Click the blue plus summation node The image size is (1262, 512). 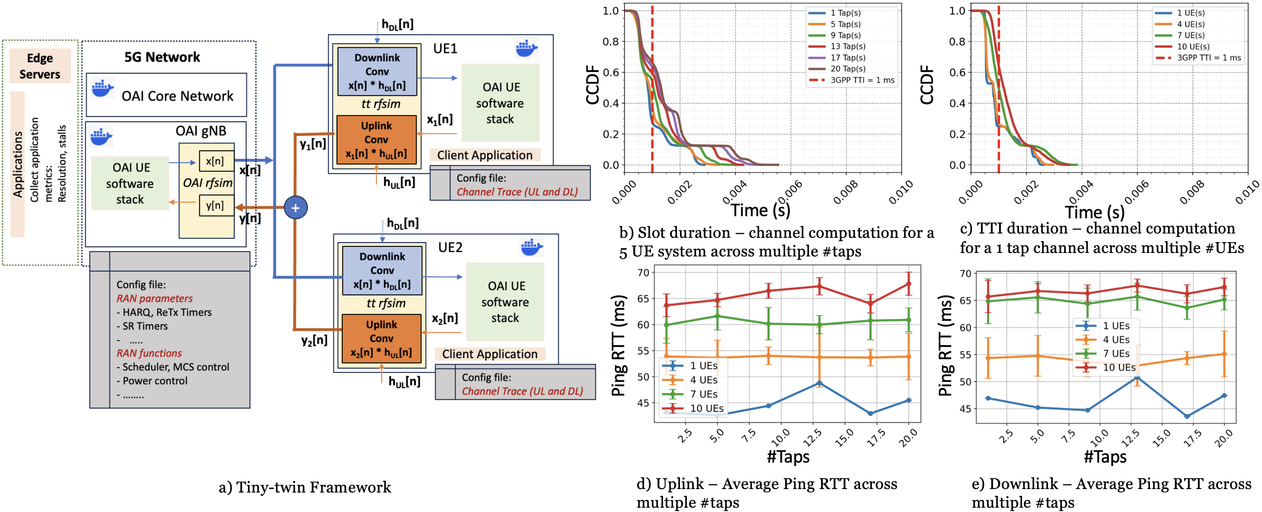295,208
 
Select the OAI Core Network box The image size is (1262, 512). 167,95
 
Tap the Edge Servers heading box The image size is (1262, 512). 40,66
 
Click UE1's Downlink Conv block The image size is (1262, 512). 377,71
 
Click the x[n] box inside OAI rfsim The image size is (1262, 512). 216,161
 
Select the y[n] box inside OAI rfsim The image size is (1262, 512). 216,205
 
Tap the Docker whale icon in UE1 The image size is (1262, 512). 527,48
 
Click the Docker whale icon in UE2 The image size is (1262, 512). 531,247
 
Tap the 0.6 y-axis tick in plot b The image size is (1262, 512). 610,72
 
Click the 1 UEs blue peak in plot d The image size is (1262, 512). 819,383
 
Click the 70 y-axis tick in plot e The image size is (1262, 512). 964,273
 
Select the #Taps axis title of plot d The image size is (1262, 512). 788,457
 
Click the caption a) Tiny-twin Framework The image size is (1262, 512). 305,487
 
